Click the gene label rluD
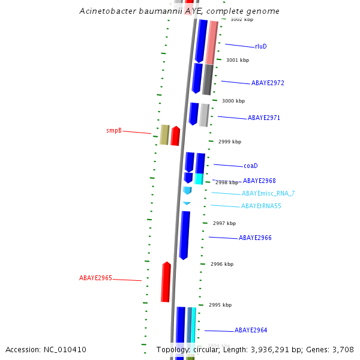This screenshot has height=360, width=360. [x=260, y=46]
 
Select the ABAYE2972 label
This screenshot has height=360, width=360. [x=268, y=83]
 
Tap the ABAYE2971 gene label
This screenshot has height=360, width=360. [x=263, y=118]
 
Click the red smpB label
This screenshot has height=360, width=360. [x=114, y=130]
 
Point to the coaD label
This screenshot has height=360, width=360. [x=250, y=166]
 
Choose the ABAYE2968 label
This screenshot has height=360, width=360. [x=259, y=181]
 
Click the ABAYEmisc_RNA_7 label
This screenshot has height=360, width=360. [x=268, y=193]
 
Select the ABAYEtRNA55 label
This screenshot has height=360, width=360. [x=261, y=206]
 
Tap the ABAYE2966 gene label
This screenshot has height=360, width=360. [x=255, y=238]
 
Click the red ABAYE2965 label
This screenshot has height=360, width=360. [x=95, y=278]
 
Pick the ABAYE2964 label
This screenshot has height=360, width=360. [x=251, y=331]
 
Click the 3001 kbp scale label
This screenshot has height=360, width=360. [x=238, y=60]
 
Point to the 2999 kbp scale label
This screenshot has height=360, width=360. [x=230, y=142]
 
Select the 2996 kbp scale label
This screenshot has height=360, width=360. [x=222, y=264]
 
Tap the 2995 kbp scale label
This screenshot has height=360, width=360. [x=220, y=305]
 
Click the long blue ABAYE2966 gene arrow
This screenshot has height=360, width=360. [x=184, y=235]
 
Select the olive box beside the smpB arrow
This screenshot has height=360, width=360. [x=164, y=135]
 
